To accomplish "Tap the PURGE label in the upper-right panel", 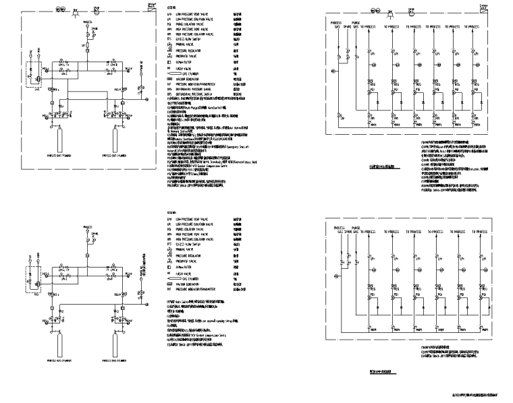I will tap(355, 22).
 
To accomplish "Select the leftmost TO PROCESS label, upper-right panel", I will tap(368, 26).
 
